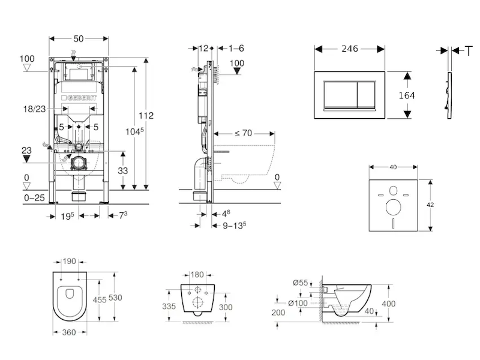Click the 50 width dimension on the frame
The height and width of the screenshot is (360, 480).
click(x=79, y=38)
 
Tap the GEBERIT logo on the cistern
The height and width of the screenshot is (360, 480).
click(x=79, y=98)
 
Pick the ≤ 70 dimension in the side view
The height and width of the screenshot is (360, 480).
click(x=242, y=133)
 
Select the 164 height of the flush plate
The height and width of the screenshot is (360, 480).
click(x=406, y=95)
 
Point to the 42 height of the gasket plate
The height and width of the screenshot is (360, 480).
click(x=430, y=205)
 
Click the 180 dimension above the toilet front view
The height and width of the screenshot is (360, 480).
click(x=197, y=274)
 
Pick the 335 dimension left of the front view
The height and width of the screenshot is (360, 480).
click(x=169, y=306)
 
